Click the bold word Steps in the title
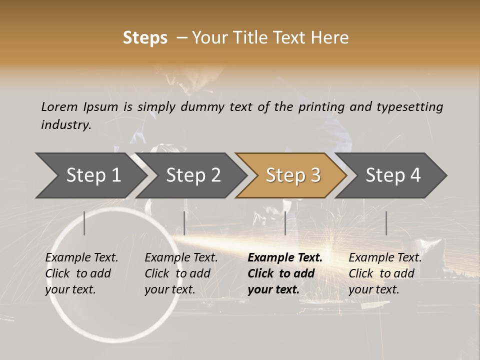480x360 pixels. click(x=145, y=38)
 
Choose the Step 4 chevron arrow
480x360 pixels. click(x=392, y=175)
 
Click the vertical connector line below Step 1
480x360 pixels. click(x=84, y=223)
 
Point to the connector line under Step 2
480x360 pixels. click(x=184, y=223)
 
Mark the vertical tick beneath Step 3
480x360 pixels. click(x=285, y=223)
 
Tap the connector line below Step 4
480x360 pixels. click(x=386, y=223)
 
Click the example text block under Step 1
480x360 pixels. click(x=81, y=273)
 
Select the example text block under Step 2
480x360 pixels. click(x=180, y=273)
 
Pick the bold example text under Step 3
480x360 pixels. click(x=284, y=273)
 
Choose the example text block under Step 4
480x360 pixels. click(x=384, y=273)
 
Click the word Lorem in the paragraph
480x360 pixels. click(x=59, y=106)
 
